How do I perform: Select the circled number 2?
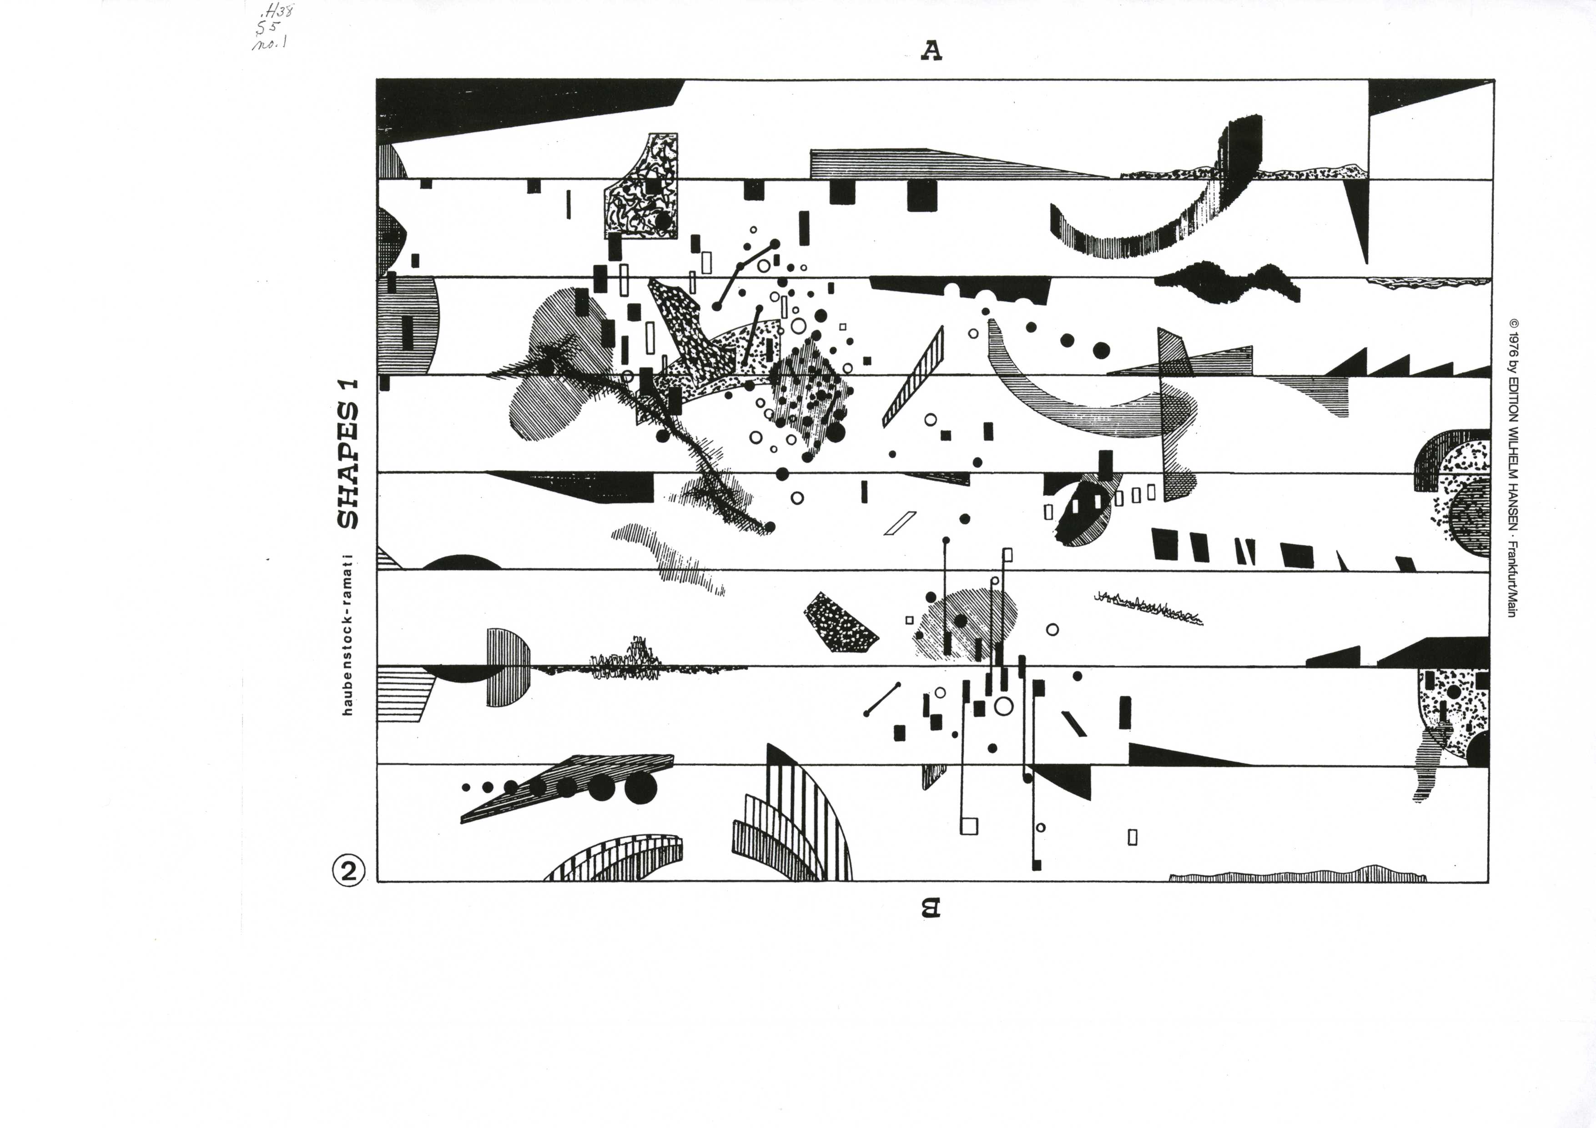pyautogui.click(x=348, y=870)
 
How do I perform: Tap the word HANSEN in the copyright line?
pyautogui.click(x=1513, y=511)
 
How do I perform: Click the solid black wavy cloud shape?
pyautogui.click(x=1227, y=284)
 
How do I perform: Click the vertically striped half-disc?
pyautogui.click(x=508, y=668)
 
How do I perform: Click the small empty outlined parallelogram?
pyautogui.click(x=900, y=523)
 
